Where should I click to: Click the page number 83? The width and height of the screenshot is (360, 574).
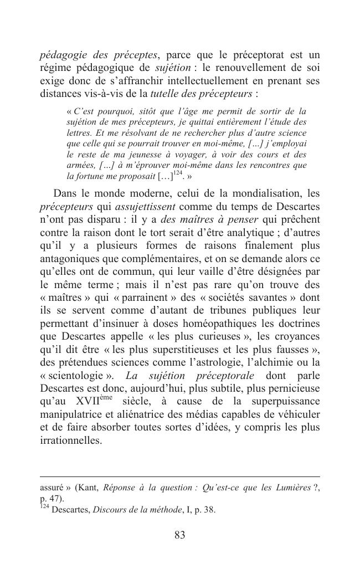[179, 535]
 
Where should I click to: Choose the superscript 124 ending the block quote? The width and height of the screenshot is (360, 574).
[177, 174]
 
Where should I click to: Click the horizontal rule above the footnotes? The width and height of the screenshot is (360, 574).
[179, 476]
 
